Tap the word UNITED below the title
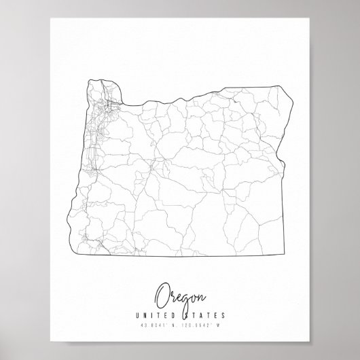(158, 314)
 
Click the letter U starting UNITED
(139, 314)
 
